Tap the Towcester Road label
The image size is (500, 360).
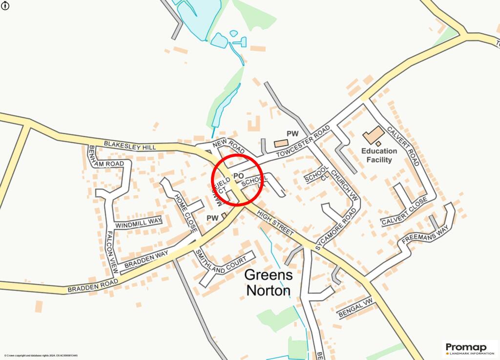click(303, 141)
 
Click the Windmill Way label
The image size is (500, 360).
click(138, 222)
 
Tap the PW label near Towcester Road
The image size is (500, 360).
click(292, 133)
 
